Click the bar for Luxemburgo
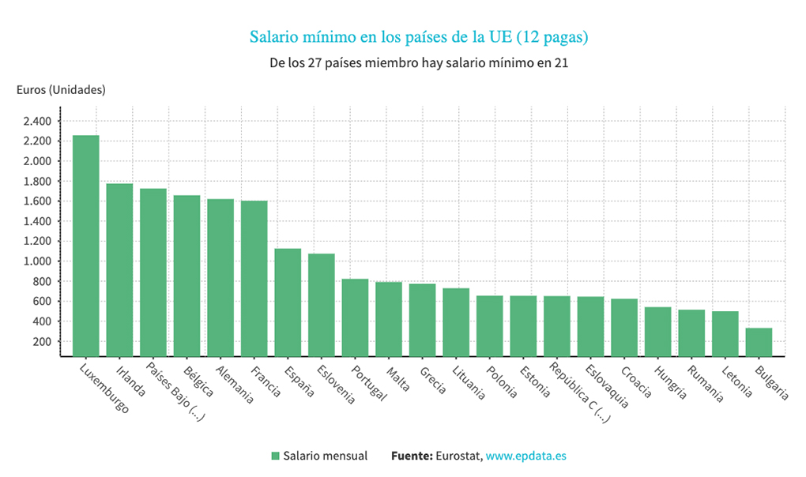(x=86, y=246)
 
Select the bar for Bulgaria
(x=759, y=342)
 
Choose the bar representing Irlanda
(x=119, y=269)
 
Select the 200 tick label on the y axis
(x=42, y=342)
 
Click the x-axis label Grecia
(x=432, y=379)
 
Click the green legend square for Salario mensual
(x=275, y=456)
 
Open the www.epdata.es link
(x=525, y=456)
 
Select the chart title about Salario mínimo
(x=419, y=37)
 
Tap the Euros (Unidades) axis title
(x=61, y=90)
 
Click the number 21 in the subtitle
(x=561, y=63)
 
